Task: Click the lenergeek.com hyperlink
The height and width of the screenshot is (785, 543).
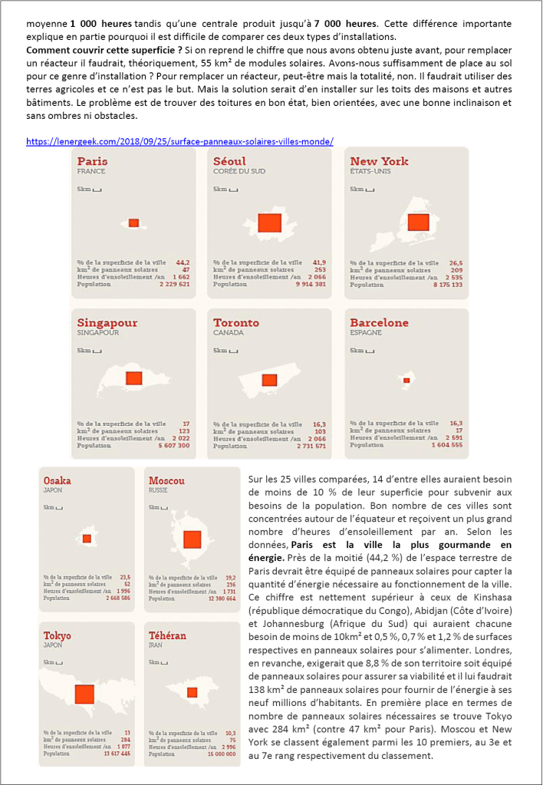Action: click(179, 141)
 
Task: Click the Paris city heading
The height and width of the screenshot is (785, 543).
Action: click(92, 161)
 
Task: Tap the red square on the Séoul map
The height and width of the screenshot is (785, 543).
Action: click(270, 223)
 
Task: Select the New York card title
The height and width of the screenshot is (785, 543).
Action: click(379, 161)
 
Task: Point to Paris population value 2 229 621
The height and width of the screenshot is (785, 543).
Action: click(174, 284)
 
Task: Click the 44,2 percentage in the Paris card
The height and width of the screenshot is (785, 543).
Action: click(183, 262)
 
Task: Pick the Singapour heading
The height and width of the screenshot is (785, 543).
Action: click(107, 323)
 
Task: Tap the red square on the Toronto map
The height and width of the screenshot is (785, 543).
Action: click(269, 380)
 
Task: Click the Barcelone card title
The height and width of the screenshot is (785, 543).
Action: click(379, 323)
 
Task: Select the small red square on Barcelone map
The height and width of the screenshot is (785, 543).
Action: click(406, 381)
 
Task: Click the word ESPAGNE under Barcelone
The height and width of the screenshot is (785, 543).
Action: click(367, 334)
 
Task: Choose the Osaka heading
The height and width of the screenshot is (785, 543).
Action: click(58, 480)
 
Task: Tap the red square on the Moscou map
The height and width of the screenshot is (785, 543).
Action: click(192, 539)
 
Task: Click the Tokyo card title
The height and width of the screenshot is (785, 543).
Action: click(58, 636)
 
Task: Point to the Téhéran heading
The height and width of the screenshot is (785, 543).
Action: click(167, 636)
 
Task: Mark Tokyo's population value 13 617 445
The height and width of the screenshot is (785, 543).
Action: click(115, 754)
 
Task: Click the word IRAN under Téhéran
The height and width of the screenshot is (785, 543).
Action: click(156, 646)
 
